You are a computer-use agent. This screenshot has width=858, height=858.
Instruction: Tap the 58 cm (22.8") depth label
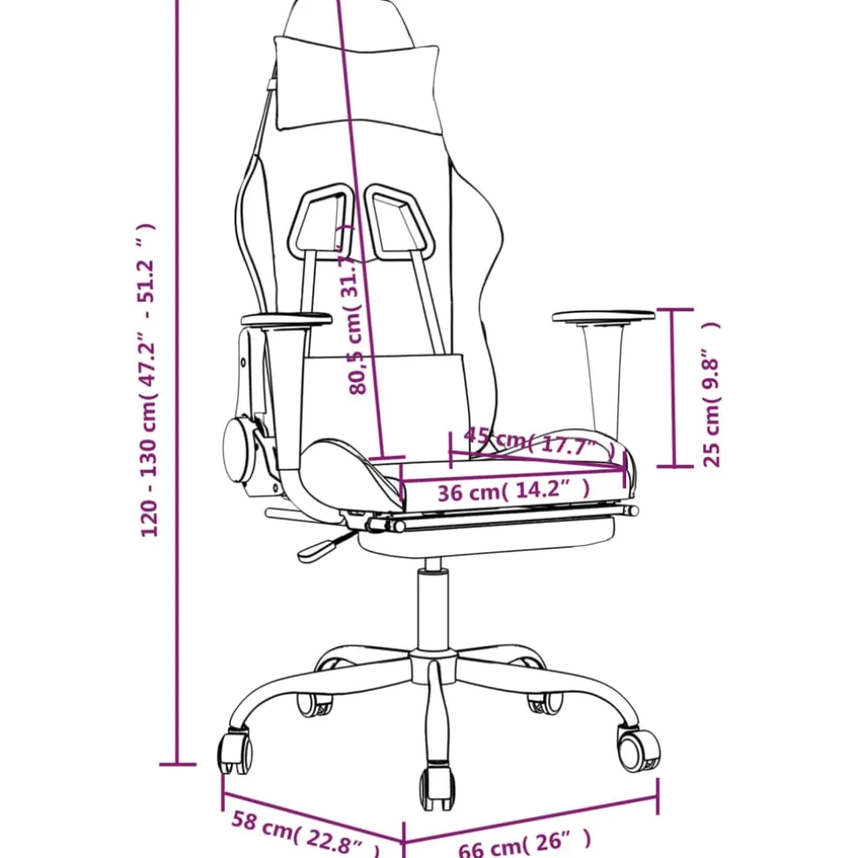[x=305, y=834]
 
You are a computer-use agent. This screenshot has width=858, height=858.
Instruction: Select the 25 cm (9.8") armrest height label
[x=712, y=393]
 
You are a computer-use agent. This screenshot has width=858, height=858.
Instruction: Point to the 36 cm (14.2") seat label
[x=514, y=490]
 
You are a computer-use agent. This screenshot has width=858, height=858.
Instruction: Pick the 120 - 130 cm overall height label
[x=147, y=380]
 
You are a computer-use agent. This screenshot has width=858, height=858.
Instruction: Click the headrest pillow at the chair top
[x=357, y=85]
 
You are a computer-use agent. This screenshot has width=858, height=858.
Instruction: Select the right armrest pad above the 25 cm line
[x=603, y=317]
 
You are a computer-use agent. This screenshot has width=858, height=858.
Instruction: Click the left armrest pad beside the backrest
[x=286, y=319]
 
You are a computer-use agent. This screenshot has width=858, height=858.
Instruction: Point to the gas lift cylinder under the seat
[x=432, y=609]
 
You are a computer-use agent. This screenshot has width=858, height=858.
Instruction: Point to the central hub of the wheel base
[x=433, y=664]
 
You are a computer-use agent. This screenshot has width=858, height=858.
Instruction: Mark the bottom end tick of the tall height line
[x=177, y=764]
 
